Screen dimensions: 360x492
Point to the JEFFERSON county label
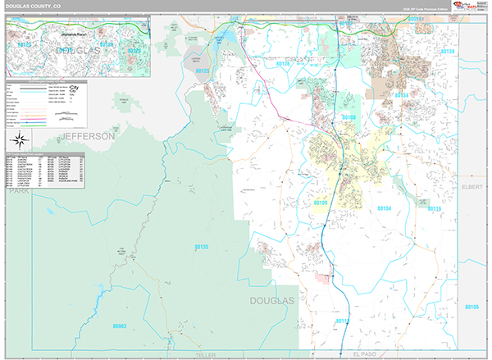(x=86, y=136)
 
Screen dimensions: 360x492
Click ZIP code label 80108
(x=349, y=118)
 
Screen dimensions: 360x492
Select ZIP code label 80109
(x=320, y=202)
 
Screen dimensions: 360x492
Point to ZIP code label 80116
(x=434, y=210)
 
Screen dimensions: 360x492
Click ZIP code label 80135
(x=202, y=247)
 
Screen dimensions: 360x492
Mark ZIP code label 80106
(x=471, y=307)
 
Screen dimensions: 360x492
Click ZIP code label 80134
(x=402, y=95)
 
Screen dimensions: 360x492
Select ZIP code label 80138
(x=447, y=51)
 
